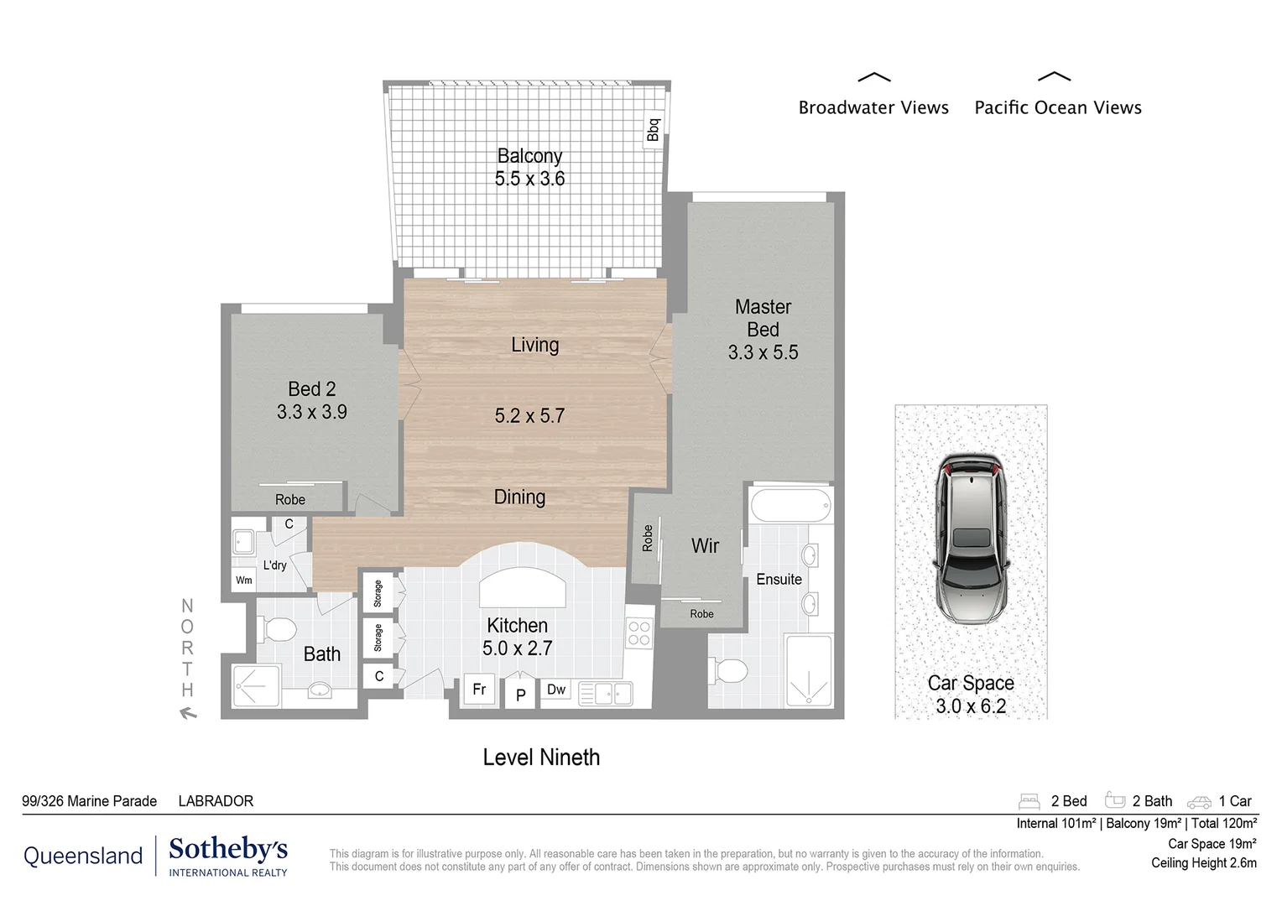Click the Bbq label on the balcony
[x=654, y=129]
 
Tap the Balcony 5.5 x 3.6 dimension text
[x=529, y=179]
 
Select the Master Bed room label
[x=763, y=319]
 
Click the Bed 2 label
[x=311, y=389]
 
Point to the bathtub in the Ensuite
[x=790, y=506]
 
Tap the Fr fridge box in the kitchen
[x=480, y=690]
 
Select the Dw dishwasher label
[x=556, y=690]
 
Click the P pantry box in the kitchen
[x=520, y=695]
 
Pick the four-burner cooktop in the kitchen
[x=639, y=633]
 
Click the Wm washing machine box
[x=244, y=580]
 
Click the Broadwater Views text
[x=873, y=107]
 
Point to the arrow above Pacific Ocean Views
[x=1054, y=77]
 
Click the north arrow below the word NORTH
[x=188, y=714]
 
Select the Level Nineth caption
[x=541, y=758]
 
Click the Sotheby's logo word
[x=228, y=849]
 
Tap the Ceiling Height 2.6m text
[x=1203, y=863]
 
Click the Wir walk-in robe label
[x=705, y=546]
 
